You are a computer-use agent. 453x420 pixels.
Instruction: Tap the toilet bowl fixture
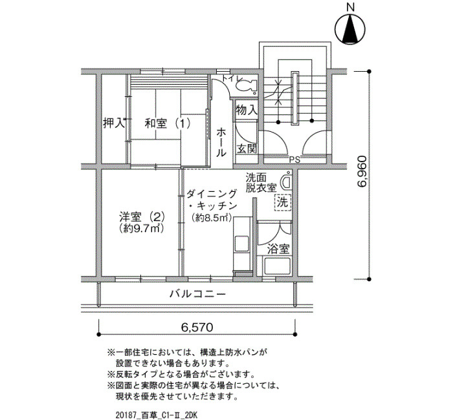point(247,85)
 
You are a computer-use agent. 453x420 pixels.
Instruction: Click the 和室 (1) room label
point(168,124)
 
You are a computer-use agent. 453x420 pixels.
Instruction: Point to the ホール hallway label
point(221,142)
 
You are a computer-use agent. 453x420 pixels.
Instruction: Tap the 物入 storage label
point(247,110)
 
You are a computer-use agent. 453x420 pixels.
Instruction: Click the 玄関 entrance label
point(247,149)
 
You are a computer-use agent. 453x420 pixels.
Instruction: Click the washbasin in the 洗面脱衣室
point(287,181)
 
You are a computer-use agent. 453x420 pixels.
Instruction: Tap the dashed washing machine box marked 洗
point(283,202)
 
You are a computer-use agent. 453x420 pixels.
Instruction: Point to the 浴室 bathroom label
point(278,249)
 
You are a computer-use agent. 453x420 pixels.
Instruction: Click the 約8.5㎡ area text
point(212,218)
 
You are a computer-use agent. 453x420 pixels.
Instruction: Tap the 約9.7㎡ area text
point(142,229)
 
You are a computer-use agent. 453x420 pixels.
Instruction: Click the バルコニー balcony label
point(197,294)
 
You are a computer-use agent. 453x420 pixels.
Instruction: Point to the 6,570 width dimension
point(197,327)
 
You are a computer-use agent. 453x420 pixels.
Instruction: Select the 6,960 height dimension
point(362,172)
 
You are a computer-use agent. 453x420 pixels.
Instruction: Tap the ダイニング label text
point(212,194)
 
